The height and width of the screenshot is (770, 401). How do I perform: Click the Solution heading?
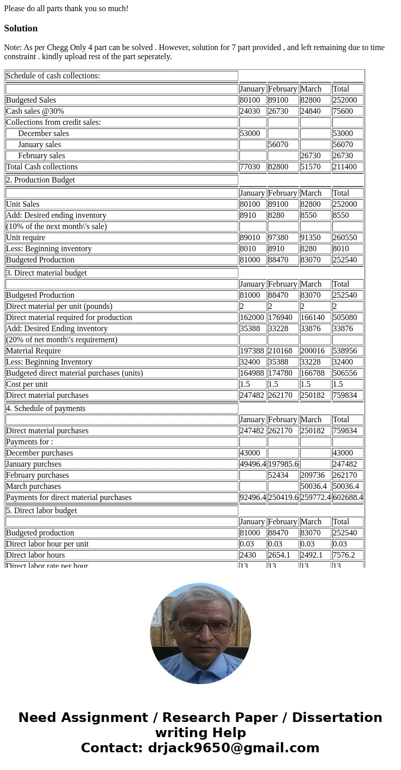(x=21, y=28)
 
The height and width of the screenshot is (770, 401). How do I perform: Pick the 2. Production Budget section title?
(x=40, y=180)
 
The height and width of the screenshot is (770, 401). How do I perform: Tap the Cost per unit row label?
(x=27, y=384)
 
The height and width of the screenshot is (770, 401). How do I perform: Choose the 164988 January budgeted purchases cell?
(x=252, y=373)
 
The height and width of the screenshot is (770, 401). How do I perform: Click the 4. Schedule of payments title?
(x=45, y=409)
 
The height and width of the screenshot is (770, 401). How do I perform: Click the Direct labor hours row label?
(x=35, y=555)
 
